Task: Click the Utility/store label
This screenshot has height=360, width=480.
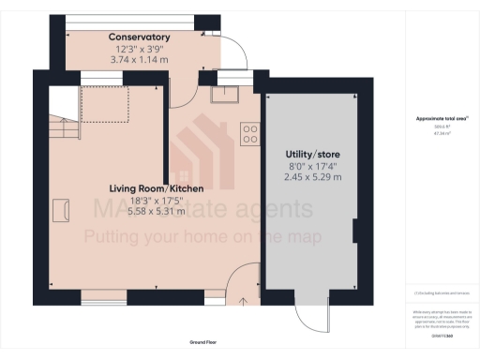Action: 311,154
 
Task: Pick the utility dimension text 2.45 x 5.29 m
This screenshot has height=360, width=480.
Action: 311,176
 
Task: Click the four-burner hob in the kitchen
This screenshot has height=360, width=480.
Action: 250,134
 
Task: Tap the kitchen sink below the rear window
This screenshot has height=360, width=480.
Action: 225,93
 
